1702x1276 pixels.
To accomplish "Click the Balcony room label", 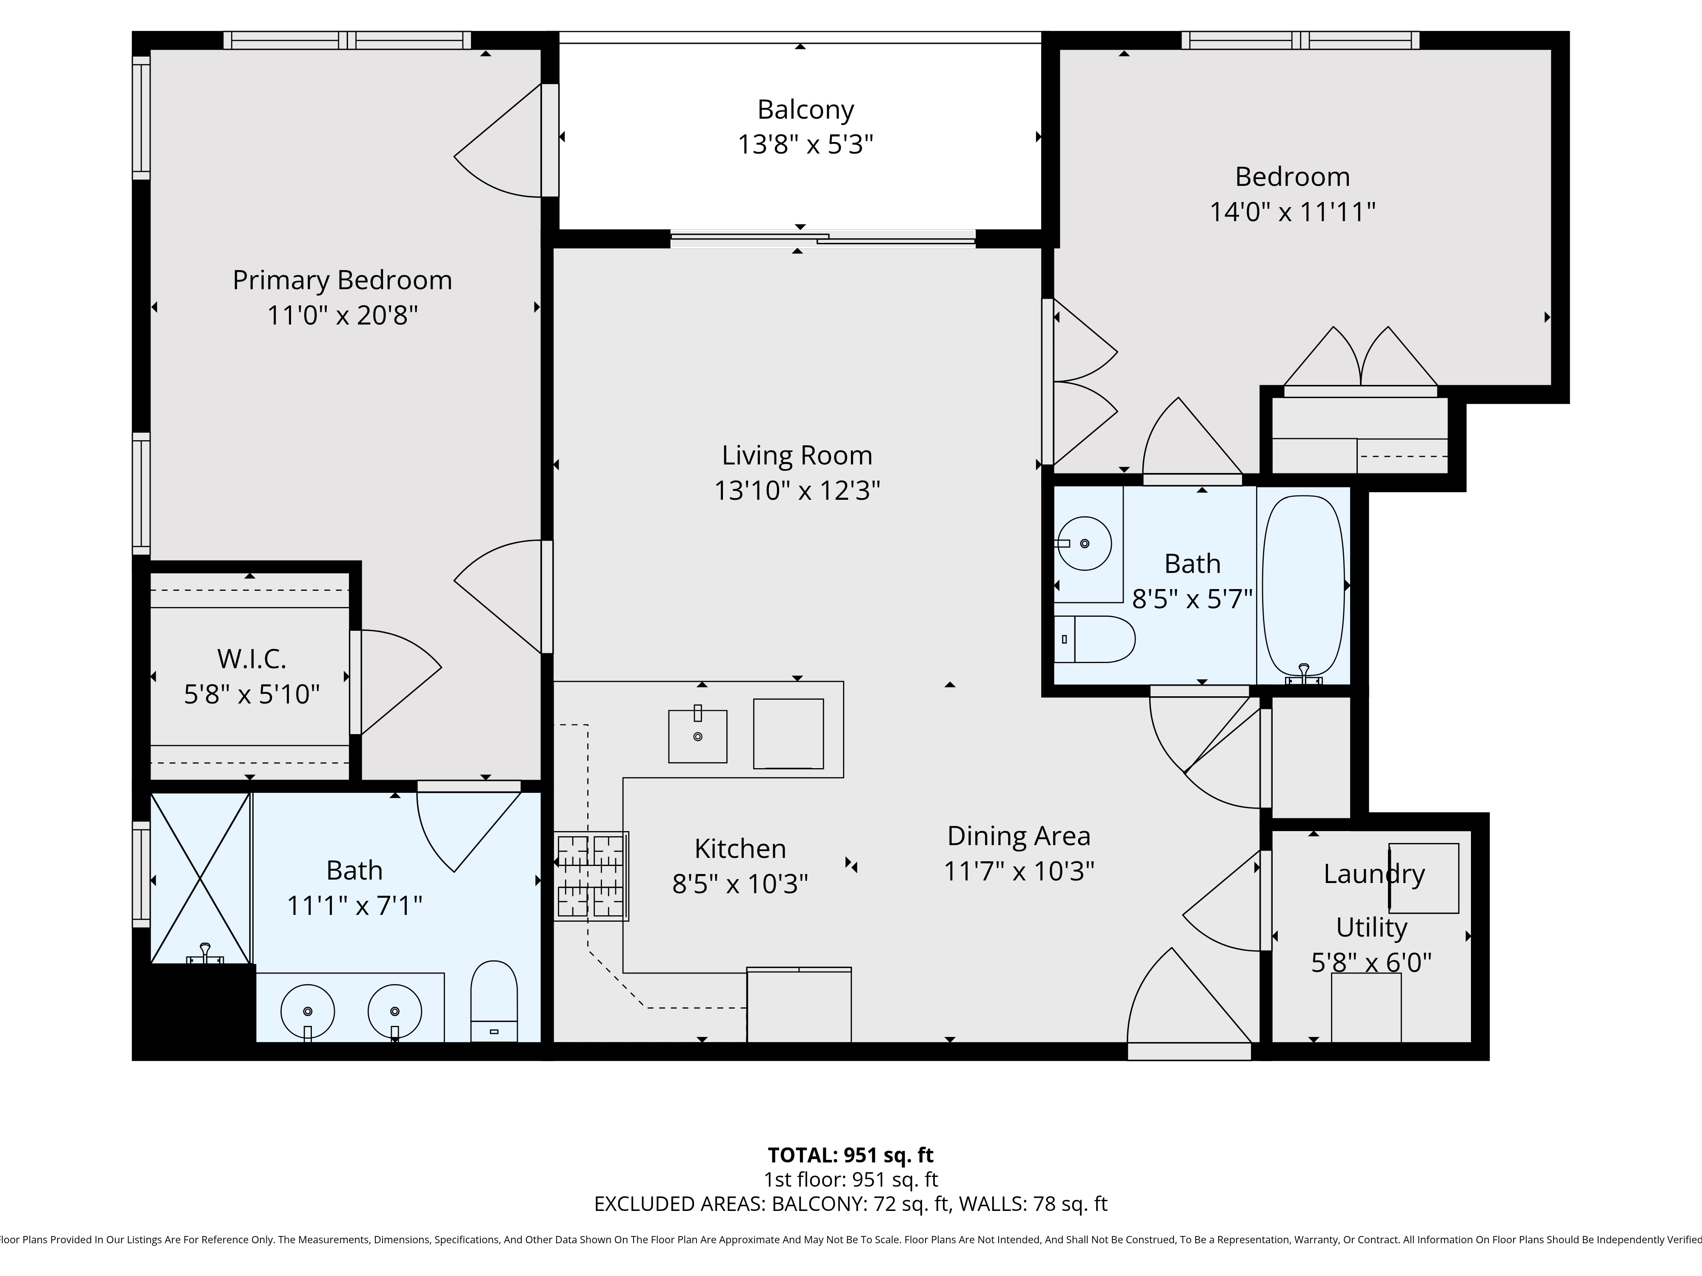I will [x=805, y=110].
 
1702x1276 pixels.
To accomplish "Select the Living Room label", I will [x=797, y=456].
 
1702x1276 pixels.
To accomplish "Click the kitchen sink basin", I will [x=697, y=736].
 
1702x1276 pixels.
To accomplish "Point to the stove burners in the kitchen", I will [x=591, y=876].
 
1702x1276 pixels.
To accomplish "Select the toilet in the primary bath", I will [x=493, y=1000].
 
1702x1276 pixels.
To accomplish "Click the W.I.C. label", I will [x=251, y=659].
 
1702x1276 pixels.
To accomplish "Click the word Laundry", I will [x=1374, y=874].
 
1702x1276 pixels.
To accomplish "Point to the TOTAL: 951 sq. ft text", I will [x=850, y=1155].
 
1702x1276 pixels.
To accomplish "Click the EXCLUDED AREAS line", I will [x=850, y=1204].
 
